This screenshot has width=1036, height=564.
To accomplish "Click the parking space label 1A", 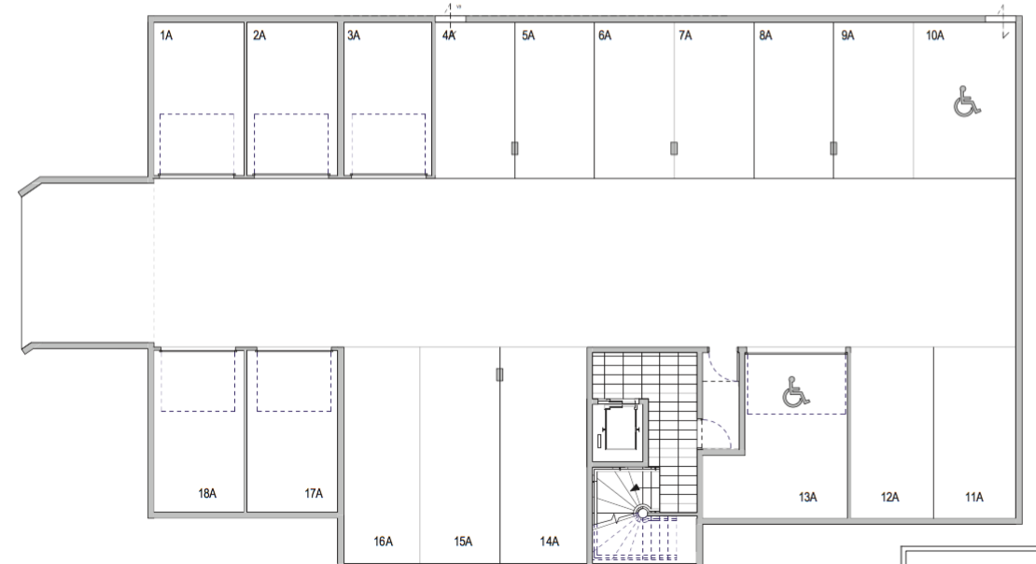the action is [x=166, y=35].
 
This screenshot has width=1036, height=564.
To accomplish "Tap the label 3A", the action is [x=354, y=35].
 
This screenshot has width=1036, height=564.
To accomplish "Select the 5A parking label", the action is [x=528, y=35].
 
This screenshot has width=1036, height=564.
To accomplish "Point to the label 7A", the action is [x=685, y=35].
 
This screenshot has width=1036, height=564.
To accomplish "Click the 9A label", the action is [x=847, y=35].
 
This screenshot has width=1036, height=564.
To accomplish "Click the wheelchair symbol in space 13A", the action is [x=795, y=392].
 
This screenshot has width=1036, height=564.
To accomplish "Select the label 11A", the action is [x=973, y=497].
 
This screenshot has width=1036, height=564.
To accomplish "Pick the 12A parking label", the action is [x=889, y=497].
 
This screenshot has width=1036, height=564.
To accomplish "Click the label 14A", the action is [x=549, y=542].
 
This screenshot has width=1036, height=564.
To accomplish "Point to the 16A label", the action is [x=384, y=542].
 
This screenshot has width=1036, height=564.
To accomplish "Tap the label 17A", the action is [x=314, y=493].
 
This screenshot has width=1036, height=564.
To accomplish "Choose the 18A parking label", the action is [x=207, y=493].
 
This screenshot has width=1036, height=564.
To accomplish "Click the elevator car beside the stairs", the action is [x=619, y=430].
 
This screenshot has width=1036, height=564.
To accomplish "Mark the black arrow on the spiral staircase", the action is [x=635, y=488].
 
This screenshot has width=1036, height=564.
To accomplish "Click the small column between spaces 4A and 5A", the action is [x=514, y=148].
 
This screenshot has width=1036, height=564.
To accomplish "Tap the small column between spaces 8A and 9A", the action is [x=833, y=148].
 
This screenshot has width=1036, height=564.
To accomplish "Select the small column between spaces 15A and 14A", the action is [x=499, y=374].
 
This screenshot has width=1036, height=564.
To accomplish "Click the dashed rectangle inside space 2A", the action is [x=291, y=145].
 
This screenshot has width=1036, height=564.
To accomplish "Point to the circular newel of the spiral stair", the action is [x=642, y=513].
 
